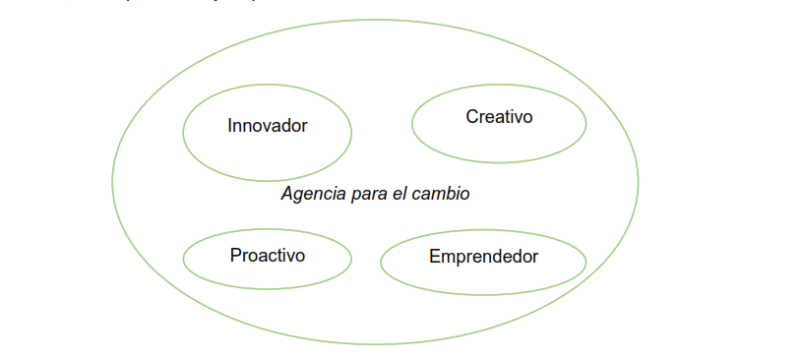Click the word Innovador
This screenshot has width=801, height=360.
click(x=268, y=126)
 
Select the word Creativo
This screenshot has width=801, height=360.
click(x=499, y=117)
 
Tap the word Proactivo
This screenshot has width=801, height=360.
click(x=268, y=256)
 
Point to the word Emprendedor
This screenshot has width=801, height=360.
click(x=483, y=257)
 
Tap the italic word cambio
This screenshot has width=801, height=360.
click(x=441, y=194)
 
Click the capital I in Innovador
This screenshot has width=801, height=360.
click(x=230, y=126)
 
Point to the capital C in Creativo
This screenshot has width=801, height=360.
click(x=472, y=117)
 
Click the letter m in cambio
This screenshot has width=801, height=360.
click(x=438, y=194)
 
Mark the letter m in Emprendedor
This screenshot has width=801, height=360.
click(x=449, y=257)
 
